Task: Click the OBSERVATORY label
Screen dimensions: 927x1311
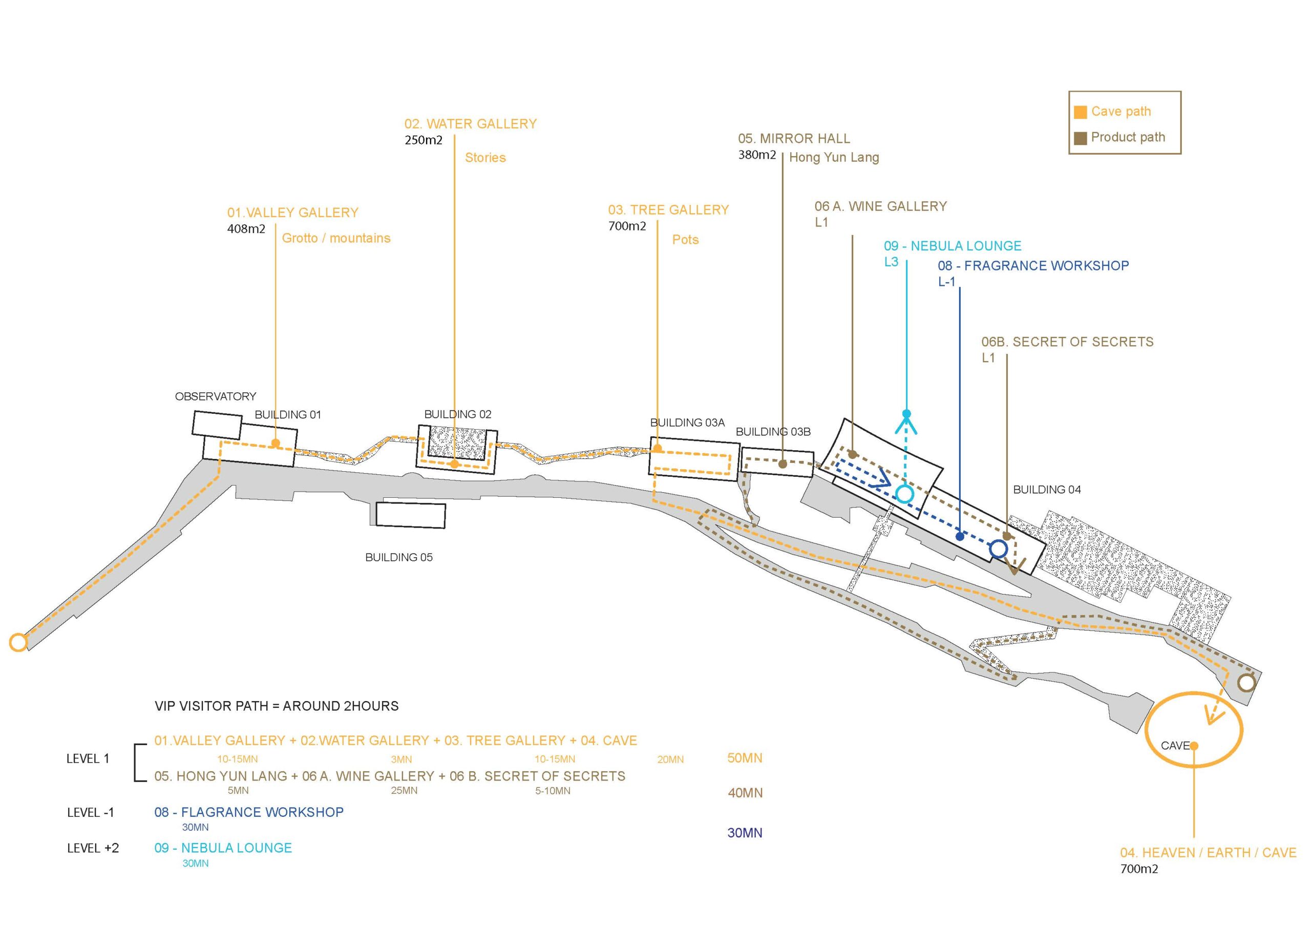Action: coord(215,396)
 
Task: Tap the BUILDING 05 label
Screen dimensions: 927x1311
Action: coord(398,557)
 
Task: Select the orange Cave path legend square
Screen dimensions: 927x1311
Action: coord(1080,112)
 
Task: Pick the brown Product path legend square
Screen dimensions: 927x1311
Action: coord(1080,138)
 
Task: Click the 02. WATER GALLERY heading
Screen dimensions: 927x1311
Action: coord(471,124)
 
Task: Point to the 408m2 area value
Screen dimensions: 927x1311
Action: coord(246,229)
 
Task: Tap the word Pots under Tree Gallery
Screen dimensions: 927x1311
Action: coord(685,239)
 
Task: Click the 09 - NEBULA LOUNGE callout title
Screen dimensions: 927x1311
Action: coord(953,246)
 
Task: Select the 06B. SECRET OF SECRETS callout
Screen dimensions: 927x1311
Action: coord(1067,342)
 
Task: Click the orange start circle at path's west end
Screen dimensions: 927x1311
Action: coord(18,643)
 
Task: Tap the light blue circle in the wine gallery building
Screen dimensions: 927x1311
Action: coord(904,494)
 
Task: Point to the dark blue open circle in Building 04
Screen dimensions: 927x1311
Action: coord(998,549)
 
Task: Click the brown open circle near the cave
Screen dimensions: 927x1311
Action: coord(1246,683)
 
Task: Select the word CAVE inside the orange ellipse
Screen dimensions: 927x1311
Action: coord(1175,746)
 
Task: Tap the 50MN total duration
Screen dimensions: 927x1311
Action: coord(745,758)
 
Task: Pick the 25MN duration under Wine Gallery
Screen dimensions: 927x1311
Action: coord(404,790)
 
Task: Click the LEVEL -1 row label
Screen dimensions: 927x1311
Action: coord(90,812)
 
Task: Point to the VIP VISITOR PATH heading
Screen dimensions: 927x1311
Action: coord(277,706)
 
